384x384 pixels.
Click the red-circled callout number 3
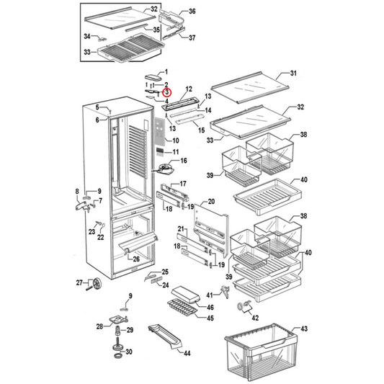pos(166,92)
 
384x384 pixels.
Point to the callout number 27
pos(80,282)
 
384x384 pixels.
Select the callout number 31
pos(293,74)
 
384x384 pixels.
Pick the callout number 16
pos(183,161)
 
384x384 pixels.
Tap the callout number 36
pos(192,12)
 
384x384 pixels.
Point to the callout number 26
pos(135,259)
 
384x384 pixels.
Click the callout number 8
pos(77,191)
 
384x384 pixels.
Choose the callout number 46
pos(210,307)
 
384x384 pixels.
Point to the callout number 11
pos(174,153)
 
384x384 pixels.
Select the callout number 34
pos(86,35)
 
